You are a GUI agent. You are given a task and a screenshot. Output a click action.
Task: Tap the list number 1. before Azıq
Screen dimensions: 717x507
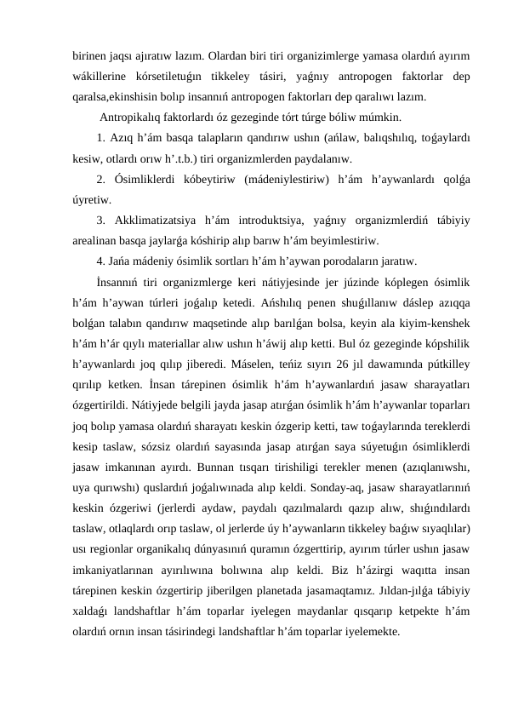[x=101, y=138]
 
